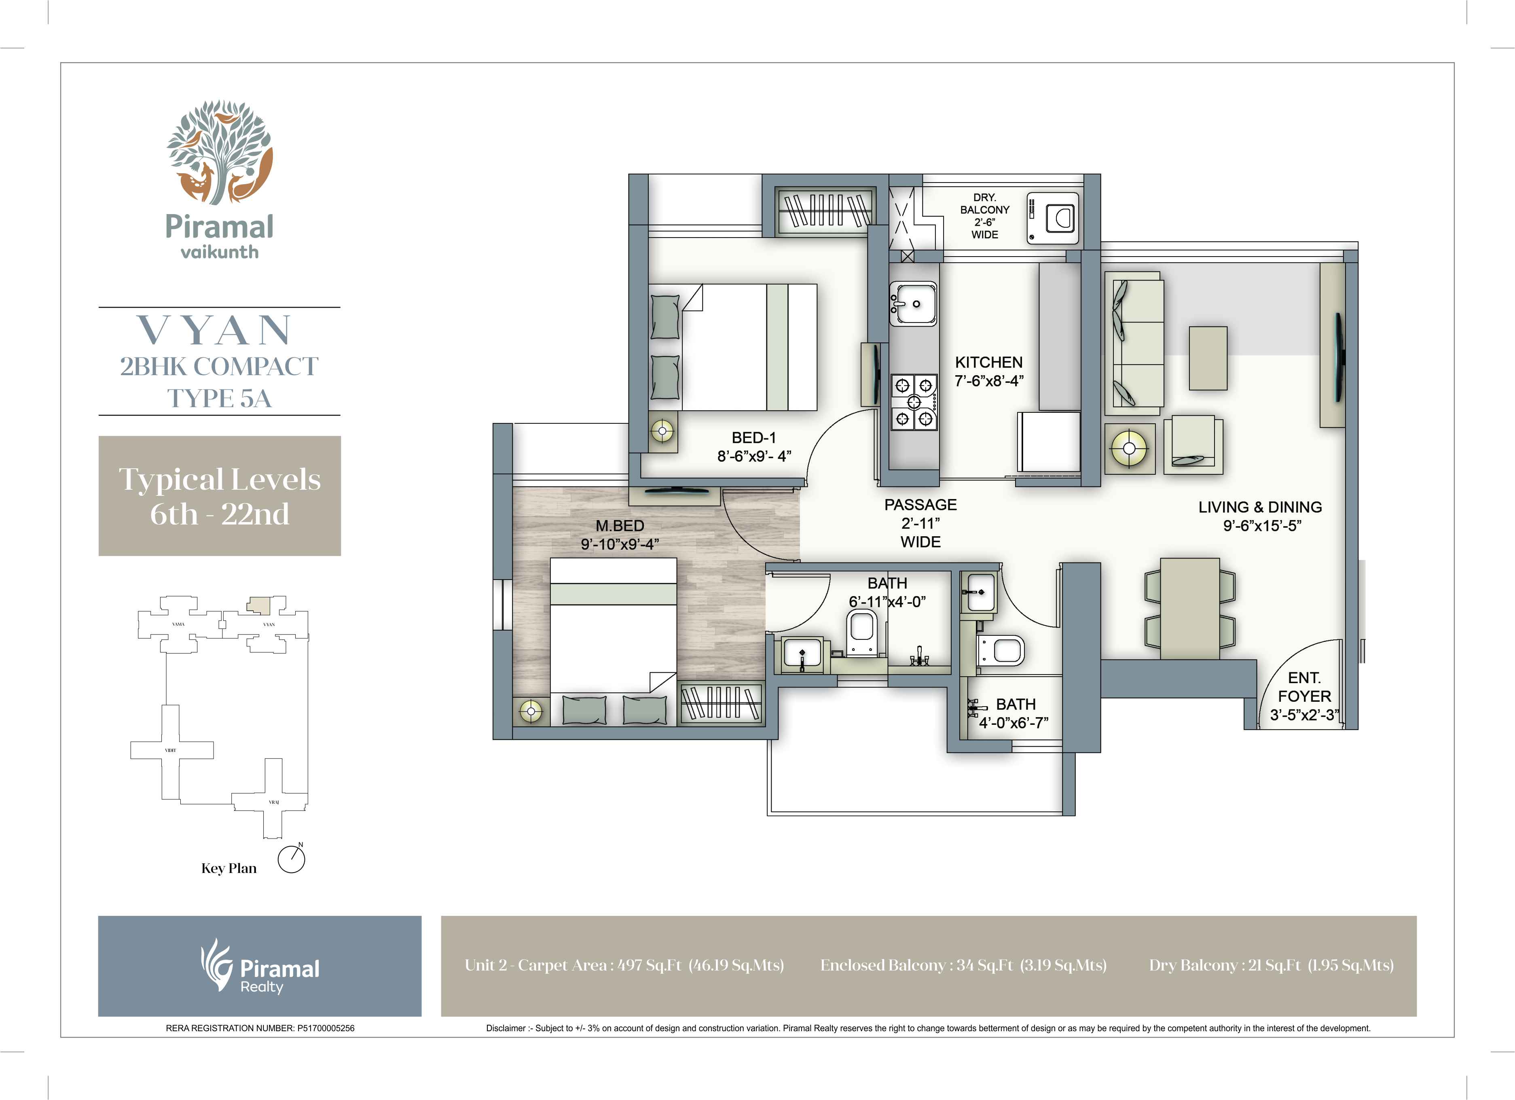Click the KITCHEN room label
988,362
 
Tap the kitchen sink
912,304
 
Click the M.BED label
620,526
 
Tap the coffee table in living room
1208,358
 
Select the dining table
1190,608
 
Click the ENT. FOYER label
1304,687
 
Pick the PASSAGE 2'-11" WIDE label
920,523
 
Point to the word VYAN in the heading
215,330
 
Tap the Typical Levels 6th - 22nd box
220,496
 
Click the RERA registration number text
260,1028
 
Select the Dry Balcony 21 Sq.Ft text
1270,965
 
